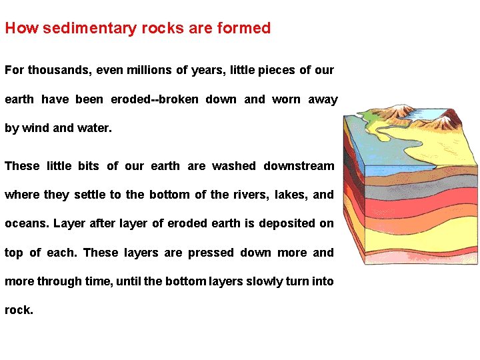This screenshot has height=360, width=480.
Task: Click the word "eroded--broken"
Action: click(x=155, y=99)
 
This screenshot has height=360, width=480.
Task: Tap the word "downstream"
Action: click(x=299, y=166)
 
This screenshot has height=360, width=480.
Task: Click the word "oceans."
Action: click(x=27, y=223)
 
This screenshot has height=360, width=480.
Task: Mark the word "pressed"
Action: click(x=211, y=253)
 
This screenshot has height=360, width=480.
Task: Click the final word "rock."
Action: click(x=19, y=310)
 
